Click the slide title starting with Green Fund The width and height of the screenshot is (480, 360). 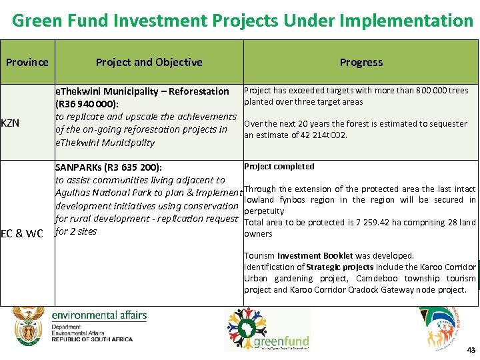coord(243,21)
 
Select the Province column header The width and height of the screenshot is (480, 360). coord(27,62)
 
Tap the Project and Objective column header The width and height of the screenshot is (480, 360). coord(149,62)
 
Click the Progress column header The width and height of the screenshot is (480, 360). coord(361,62)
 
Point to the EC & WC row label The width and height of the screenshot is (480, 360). coord(22,233)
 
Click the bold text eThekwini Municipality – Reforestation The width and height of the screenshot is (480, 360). coord(142,91)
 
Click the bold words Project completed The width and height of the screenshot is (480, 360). coord(279,167)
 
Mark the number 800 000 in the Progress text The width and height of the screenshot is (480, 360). coord(434,91)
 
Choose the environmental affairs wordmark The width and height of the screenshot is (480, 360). coord(99,315)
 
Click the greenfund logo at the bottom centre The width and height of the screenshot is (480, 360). coord(267,331)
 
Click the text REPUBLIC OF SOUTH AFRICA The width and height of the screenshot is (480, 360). coord(92,339)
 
